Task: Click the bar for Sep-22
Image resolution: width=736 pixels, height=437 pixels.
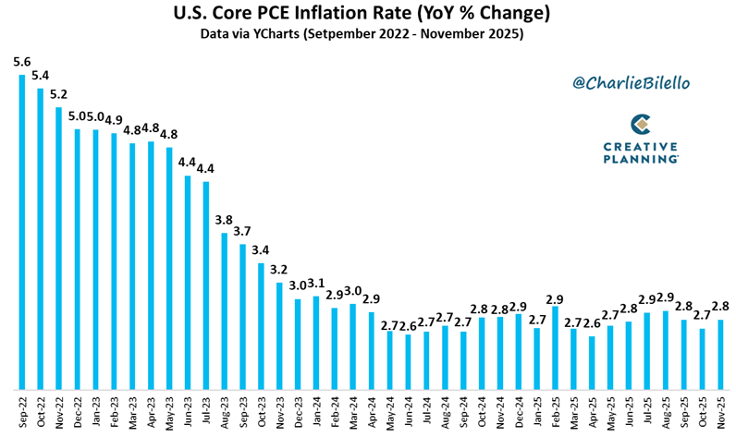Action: point(21,232)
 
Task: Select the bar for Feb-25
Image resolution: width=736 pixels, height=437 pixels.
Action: point(556,348)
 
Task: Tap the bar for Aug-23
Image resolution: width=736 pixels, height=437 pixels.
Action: point(225,311)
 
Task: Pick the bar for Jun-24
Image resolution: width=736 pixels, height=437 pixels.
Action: point(409,362)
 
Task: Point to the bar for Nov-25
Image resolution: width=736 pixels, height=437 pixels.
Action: point(720,355)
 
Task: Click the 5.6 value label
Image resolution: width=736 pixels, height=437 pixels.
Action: point(21,62)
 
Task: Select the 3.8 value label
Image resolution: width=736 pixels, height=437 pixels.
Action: point(224,220)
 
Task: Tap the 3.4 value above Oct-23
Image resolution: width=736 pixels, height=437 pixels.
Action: point(261,250)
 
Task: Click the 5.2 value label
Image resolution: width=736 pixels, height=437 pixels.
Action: point(58,94)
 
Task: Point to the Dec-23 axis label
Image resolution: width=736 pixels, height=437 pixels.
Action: point(298,412)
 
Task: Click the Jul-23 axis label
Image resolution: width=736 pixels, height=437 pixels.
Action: point(206,413)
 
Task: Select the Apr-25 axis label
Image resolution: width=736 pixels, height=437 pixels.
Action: point(593,412)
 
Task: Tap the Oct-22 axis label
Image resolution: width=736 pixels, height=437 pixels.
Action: point(41,412)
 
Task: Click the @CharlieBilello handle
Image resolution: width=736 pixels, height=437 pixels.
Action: point(632,83)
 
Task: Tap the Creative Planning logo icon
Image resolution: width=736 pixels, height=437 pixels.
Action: point(641,124)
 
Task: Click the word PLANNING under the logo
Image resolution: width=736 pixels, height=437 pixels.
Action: point(641,159)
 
